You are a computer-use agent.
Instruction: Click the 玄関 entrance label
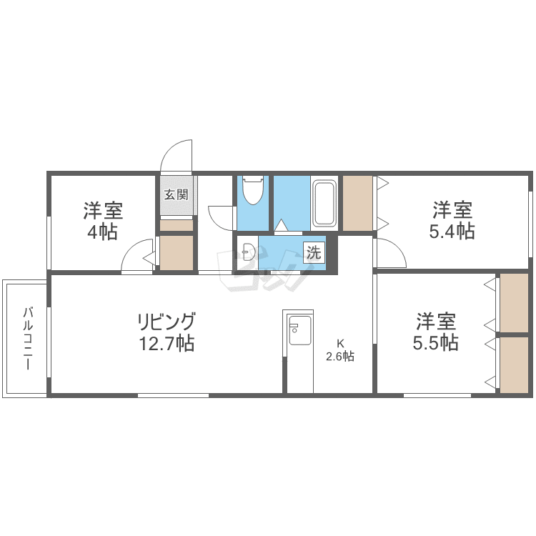click(x=176, y=194)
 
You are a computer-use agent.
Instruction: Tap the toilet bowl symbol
click(x=253, y=191)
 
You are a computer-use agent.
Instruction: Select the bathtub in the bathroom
click(x=324, y=203)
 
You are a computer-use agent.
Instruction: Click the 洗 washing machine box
click(x=314, y=252)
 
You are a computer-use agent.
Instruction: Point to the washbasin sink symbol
click(x=247, y=252)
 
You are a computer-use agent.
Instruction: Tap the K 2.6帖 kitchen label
click(x=340, y=350)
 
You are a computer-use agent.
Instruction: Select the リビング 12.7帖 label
click(x=166, y=332)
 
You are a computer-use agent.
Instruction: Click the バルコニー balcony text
click(x=28, y=337)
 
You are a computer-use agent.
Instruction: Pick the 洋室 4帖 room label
click(x=103, y=221)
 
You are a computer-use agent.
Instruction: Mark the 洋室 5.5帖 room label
click(x=435, y=332)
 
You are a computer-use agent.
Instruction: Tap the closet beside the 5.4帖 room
click(x=357, y=203)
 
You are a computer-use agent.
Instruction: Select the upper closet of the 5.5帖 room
click(x=513, y=302)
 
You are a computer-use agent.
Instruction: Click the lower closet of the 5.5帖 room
click(x=513, y=364)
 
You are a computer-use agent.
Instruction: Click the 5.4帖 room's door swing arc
click(x=391, y=254)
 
